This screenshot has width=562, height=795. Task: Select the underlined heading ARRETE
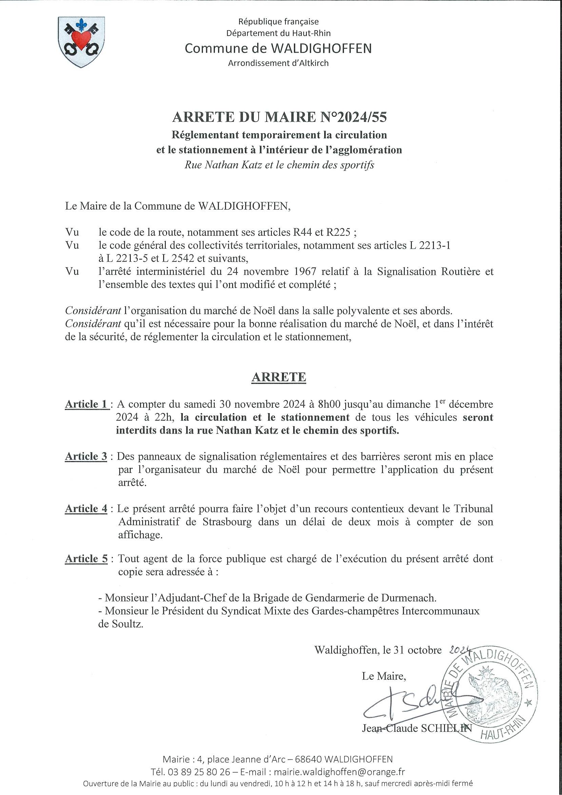coord(279,377)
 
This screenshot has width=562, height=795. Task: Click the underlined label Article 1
coord(87,404)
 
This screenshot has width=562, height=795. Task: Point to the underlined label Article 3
coord(86,456)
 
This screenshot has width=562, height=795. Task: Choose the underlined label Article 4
coord(86,509)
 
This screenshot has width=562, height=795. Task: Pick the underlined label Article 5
coord(86,559)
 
